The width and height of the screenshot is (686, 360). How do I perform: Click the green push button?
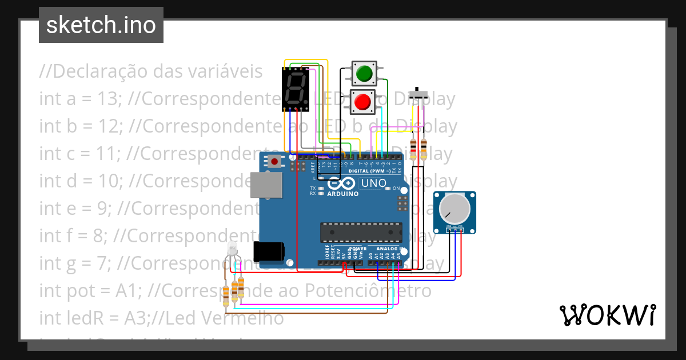tap(363, 74)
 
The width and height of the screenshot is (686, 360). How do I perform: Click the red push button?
tap(362, 103)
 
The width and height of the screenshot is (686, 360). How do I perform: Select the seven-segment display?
tap(296, 89)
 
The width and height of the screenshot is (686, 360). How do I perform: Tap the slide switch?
tap(420, 95)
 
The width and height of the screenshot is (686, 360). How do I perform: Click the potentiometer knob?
tap(454, 210)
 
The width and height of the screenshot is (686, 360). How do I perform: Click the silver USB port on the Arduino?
tap(268, 185)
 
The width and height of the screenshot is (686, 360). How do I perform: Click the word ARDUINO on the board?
tap(343, 194)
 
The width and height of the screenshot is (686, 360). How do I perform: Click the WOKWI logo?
tap(607, 315)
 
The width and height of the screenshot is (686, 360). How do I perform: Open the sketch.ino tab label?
tap(101, 25)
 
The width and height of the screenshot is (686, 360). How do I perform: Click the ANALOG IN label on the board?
tap(388, 249)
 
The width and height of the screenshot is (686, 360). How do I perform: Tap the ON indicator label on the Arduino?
tap(396, 188)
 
